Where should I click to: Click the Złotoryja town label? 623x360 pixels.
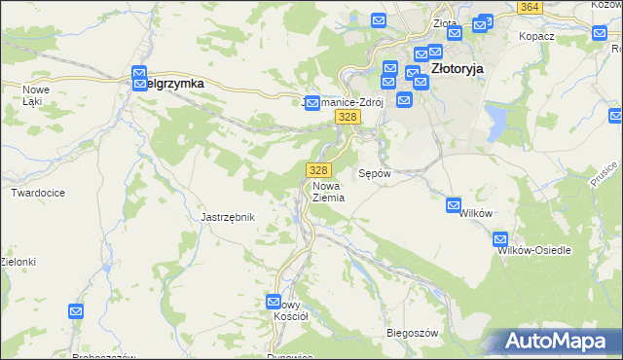[458, 69]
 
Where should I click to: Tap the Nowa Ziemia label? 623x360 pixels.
[329, 191]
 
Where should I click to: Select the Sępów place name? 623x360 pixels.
[375, 173]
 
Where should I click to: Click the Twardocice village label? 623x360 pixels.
[38, 193]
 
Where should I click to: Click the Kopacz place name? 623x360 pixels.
[536, 35]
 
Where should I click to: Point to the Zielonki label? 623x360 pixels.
[18, 262]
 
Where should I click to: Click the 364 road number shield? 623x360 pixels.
[530, 7]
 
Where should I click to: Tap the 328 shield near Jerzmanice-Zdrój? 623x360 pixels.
[348, 117]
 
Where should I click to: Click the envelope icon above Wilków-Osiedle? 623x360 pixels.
[500, 238]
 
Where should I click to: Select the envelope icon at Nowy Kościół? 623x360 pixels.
[274, 302]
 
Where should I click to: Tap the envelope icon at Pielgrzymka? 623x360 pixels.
[138, 82]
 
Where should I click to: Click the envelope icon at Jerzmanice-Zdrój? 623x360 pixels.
[312, 102]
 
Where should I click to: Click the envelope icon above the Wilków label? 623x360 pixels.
[454, 205]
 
